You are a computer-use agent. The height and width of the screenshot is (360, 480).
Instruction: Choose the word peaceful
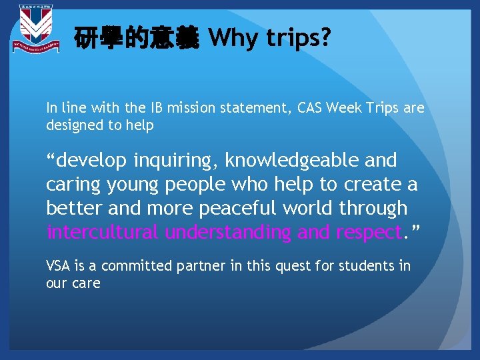coord(236,209)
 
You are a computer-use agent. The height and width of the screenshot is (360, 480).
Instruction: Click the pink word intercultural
coord(103,233)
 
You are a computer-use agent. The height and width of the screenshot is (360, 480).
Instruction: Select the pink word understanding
coord(227,233)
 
